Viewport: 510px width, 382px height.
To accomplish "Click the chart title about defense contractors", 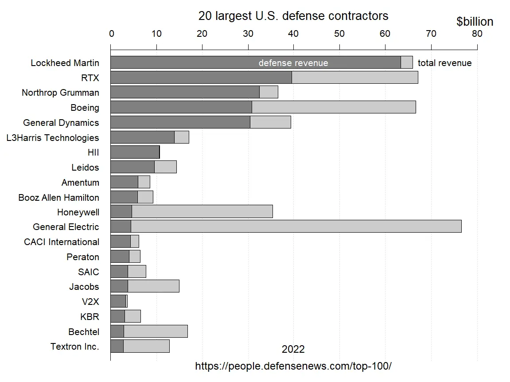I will coord(293,16).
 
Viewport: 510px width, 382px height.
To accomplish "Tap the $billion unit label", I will coord(475,22).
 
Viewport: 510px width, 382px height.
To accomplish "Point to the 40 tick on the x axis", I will coord(293,34).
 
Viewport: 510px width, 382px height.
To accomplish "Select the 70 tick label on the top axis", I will coord(431,34).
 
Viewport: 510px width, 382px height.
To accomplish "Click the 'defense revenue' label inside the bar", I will coord(293,63).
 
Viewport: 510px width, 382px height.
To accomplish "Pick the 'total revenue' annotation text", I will coord(444,63).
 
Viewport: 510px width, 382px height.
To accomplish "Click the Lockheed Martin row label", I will coord(65,63).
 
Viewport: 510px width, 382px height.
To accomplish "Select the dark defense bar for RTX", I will coord(201,78).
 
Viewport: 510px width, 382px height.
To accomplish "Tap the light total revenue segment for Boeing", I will coord(334,107).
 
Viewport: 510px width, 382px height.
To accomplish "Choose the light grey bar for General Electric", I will coord(296,226).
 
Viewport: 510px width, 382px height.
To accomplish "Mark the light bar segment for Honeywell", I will coord(202,212).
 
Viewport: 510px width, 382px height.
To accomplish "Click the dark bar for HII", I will coord(135,152).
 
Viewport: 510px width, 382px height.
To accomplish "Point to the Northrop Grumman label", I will coord(60,93).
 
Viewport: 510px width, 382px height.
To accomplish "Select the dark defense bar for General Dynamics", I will coord(180,122).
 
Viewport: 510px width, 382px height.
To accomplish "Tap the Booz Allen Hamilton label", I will coord(58,197).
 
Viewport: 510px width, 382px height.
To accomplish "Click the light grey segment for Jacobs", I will coord(153,286).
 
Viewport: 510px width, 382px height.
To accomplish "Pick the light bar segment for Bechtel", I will coord(156,331).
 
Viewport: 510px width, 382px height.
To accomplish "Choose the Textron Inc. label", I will coord(74,347).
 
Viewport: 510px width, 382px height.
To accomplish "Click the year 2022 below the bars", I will coord(293,350).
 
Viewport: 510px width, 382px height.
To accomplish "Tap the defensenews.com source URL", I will coord(293,366).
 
